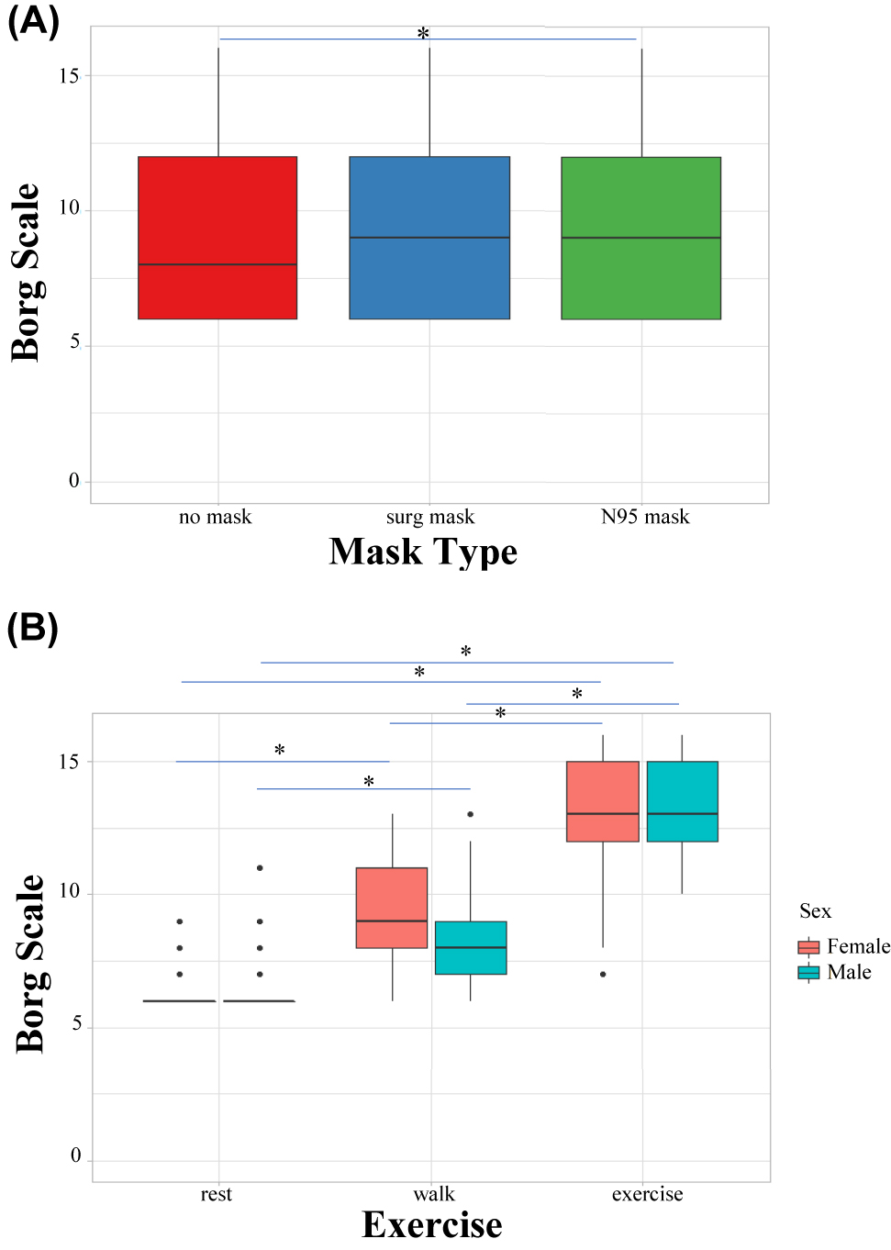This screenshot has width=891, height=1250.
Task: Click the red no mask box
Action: click(217, 238)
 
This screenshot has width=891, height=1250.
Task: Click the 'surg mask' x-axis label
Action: click(430, 518)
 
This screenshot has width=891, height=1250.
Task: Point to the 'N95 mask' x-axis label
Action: click(645, 517)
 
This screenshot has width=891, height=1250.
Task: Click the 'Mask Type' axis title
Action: click(423, 552)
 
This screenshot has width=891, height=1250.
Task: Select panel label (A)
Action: click(33, 20)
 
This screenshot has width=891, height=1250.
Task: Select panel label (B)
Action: click(32, 629)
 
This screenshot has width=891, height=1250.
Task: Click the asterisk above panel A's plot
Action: click(423, 34)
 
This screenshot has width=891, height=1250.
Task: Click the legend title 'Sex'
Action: click(815, 911)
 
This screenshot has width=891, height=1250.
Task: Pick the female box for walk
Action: click(392, 908)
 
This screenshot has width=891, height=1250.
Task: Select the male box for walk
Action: click(471, 947)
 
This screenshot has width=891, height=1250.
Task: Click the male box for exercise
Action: click(682, 801)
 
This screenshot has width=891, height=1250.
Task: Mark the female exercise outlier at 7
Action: click(603, 974)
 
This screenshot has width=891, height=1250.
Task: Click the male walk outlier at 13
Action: click(471, 814)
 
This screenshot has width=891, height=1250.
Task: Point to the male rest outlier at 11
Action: click(260, 867)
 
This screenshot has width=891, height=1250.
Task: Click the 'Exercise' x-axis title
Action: click(431, 1225)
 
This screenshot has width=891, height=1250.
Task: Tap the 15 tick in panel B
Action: click(69, 762)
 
